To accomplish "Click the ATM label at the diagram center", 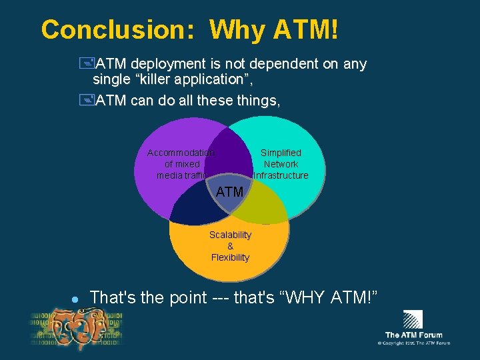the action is click(x=230, y=192).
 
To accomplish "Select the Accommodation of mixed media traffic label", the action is click(x=181, y=164).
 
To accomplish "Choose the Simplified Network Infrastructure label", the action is click(x=281, y=164).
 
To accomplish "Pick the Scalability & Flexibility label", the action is click(x=230, y=246).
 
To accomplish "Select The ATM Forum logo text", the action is click(x=413, y=335).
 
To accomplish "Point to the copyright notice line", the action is click(x=413, y=343).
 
